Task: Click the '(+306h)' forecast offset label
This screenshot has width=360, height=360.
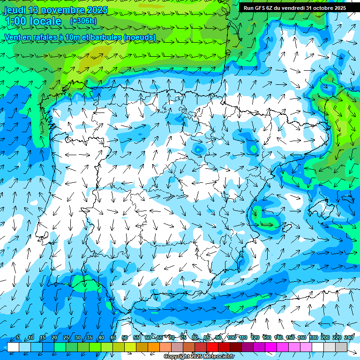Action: point(83,21)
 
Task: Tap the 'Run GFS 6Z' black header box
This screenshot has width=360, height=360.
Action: point(294,7)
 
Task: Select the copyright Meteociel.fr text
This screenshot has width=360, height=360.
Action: point(199,357)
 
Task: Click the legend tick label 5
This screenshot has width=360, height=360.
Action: point(18,337)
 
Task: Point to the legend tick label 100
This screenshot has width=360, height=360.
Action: point(231,337)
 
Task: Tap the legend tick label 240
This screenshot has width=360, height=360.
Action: point(349,337)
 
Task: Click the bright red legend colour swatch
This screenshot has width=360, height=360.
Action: point(212,347)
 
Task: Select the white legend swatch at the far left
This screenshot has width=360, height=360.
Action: point(13,347)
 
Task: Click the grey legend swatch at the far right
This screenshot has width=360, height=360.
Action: point(341,347)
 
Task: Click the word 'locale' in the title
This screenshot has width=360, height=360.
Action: point(46,21)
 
